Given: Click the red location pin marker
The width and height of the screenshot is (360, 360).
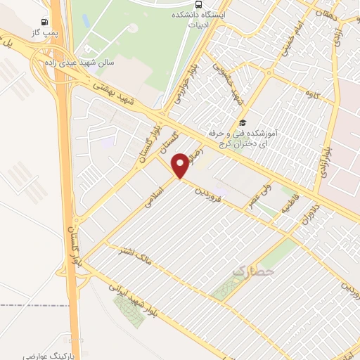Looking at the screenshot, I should pyautogui.click(x=181, y=165).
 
